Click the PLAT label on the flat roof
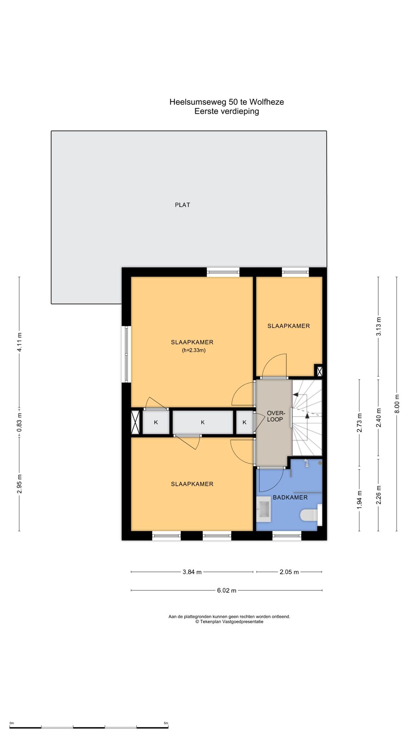click(x=183, y=205)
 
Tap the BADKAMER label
click(x=290, y=498)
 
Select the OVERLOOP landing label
click(x=276, y=416)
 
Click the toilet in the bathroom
click(x=310, y=515)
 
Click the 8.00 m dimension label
click(x=397, y=404)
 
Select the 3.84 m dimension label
click(x=192, y=572)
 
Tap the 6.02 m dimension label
click(x=226, y=590)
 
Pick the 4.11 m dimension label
click(x=19, y=341)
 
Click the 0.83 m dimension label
click(x=19, y=422)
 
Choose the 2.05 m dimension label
click(x=289, y=572)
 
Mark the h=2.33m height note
click(x=194, y=350)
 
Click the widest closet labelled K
click(x=203, y=422)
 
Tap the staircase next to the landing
click(x=307, y=417)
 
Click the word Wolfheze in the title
click(x=267, y=102)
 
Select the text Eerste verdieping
click(x=226, y=111)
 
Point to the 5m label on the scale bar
click(x=166, y=723)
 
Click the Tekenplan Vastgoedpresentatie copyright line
click(x=229, y=622)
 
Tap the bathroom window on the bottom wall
click(x=287, y=535)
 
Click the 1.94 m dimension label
click(x=359, y=500)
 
